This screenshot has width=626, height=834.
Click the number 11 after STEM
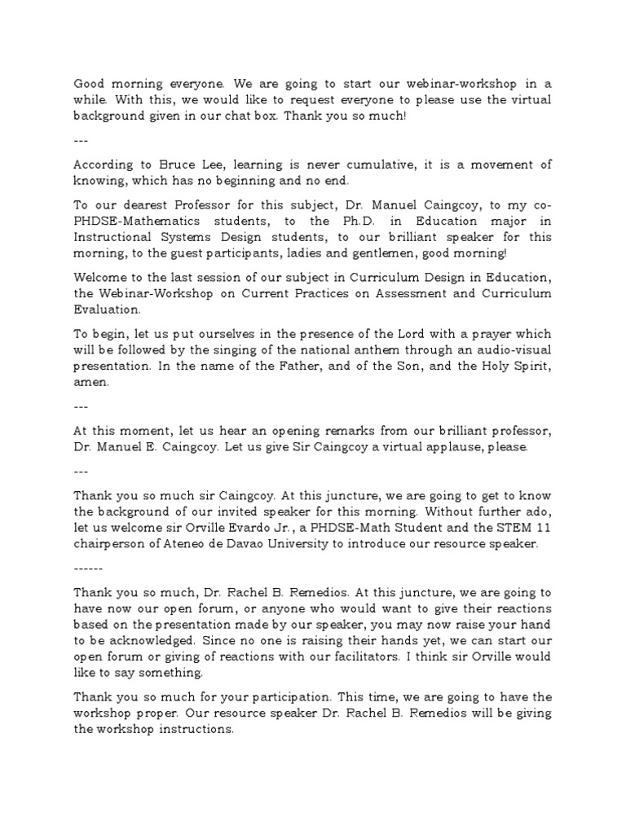coord(543,528)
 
